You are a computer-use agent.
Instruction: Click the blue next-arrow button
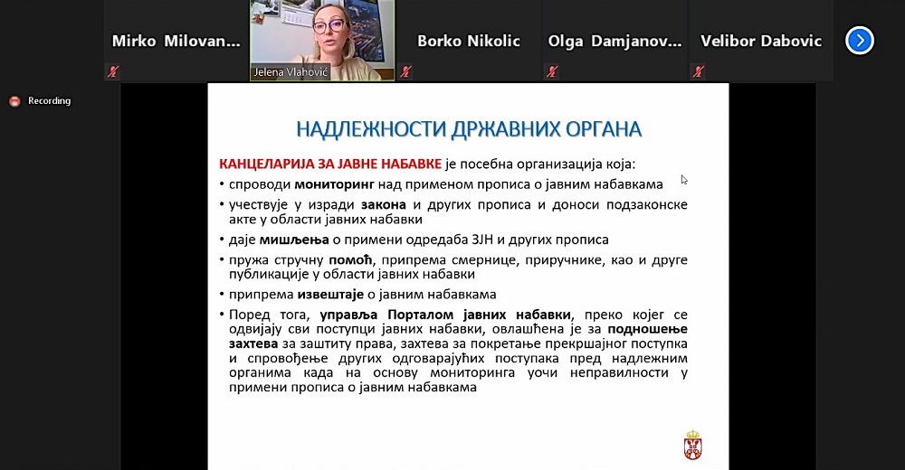tap(860, 41)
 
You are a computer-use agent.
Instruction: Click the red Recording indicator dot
tap(15, 101)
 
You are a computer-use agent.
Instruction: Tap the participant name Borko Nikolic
tap(469, 41)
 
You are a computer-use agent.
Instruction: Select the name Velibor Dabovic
tap(761, 41)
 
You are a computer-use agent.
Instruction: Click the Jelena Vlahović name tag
tap(291, 72)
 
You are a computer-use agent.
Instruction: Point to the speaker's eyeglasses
tap(329, 25)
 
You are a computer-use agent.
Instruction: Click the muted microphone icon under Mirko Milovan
tap(112, 71)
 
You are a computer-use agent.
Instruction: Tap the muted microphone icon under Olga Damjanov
tap(552, 71)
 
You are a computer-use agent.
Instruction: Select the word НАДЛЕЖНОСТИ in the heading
tap(371, 129)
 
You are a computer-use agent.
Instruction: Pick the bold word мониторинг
tap(335, 184)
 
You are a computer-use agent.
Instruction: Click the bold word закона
tap(383, 205)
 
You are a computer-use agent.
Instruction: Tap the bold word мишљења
tap(294, 240)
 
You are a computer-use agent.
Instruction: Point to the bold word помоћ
tap(351, 259)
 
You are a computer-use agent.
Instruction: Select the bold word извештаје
tap(330, 295)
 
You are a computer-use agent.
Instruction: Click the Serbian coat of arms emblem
tap(692, 445)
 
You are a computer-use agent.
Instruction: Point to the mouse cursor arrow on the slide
tap(684, 180)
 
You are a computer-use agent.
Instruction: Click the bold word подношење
tap(648, 329)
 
